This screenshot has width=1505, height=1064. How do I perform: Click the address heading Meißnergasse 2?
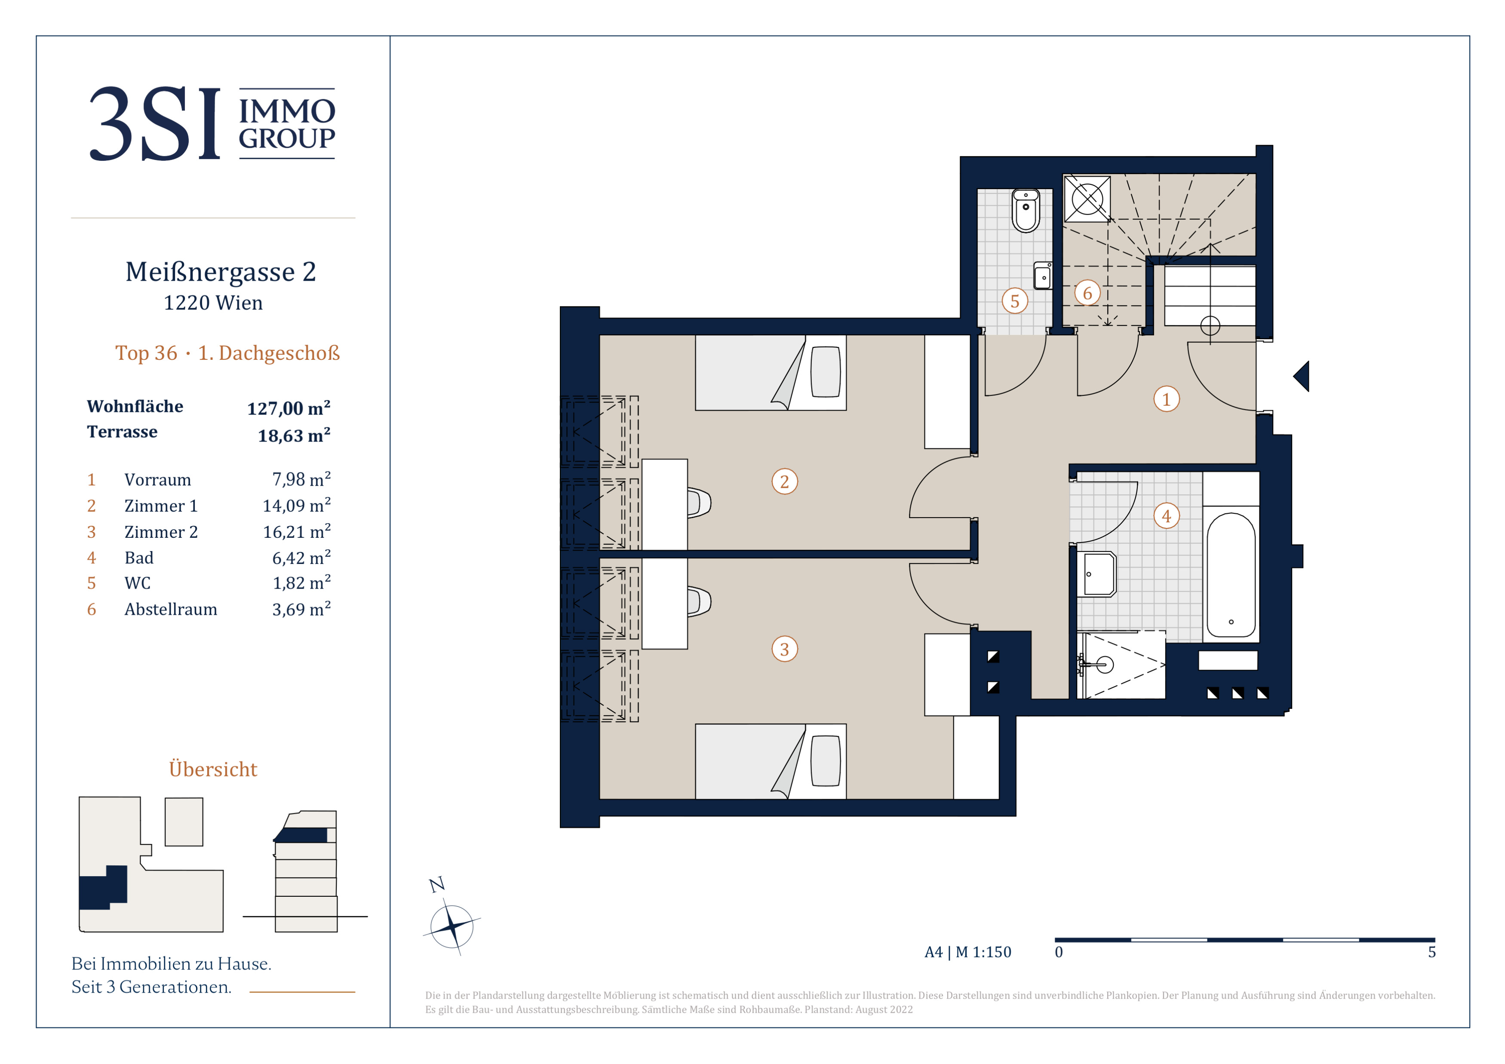[221, 272]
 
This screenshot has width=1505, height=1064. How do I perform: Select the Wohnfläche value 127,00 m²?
[289, 408]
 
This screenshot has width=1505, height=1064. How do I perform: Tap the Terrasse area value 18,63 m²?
[294, 435]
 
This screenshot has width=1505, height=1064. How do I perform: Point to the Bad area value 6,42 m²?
[301, 558]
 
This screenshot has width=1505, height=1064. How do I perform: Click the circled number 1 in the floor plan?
[1166, 399]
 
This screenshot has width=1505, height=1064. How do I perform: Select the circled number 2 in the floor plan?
[785, 481]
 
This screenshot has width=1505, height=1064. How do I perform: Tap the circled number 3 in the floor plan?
[785, 649]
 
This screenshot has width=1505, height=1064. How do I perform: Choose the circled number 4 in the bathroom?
[1166, 515]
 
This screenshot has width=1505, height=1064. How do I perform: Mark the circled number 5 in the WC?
[1015, 301]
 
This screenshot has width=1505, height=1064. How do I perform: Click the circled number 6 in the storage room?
[1087, 293]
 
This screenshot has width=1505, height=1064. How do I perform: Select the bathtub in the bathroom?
[1231, 574]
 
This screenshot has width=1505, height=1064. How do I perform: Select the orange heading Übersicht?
[213, 769]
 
